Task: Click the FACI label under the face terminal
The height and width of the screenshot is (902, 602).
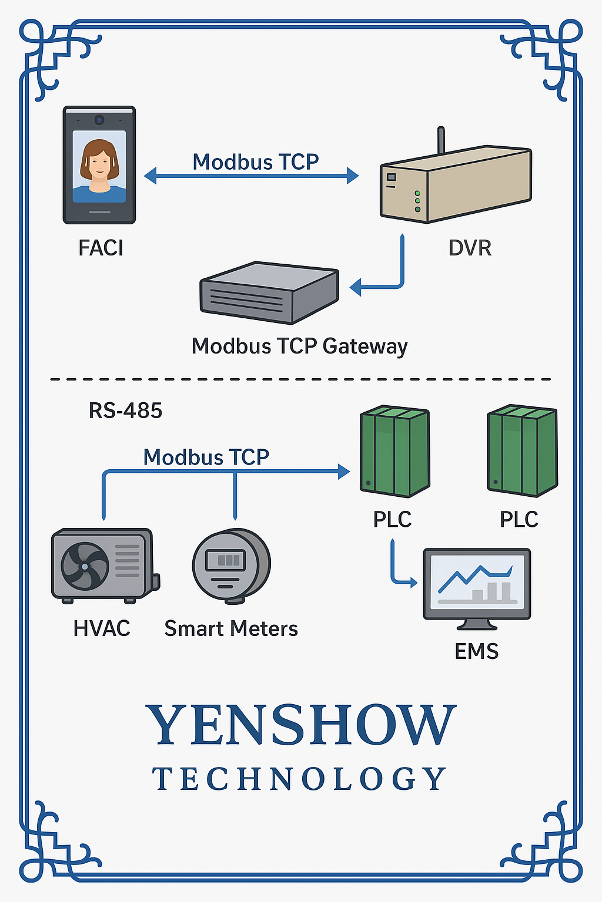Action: pyautogui.click(x=101, y=248)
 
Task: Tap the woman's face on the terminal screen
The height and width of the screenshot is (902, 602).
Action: pyautogui.click(x=99, y=160)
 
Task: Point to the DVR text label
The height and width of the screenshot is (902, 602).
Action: pyautogui.click(x=470, y=248)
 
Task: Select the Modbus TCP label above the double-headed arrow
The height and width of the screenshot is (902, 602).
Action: pyautogui.click(x=256, y=161)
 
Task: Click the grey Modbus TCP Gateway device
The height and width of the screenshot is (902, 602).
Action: pyautogui.click(x=269, y=292)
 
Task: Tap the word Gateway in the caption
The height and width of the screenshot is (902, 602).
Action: pyautogui.click(x=364, y=346)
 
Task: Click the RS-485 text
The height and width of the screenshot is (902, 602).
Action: pyautogui.click(x=125, y=410)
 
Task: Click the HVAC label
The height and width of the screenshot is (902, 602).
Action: pyautogui.click(x=101, y=628)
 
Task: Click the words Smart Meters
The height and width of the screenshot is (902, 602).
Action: pyautogui.click(x=231, y=629)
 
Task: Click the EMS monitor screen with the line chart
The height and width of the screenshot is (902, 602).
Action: pyautogui.click(x=477, y=581)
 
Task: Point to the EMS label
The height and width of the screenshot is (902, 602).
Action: pyautogui.click(x=476, y=651)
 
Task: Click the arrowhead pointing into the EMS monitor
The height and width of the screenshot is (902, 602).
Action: pyautogui.click(x=413, y=583)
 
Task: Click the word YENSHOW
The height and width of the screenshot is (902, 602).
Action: pyautogui.click(x=300, y=725)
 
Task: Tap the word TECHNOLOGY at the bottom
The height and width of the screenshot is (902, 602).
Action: pyautogui.click(x=299, y=779)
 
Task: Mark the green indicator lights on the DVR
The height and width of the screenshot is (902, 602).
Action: pyautogui.click(x=417, y=201)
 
